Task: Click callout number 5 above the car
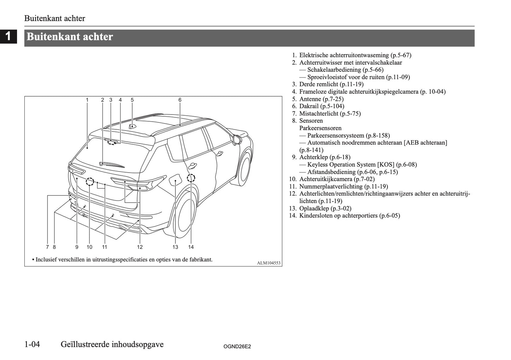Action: tap(132, 100)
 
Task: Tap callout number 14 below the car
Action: tap(191, 247)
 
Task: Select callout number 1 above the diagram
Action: tap(87, 100)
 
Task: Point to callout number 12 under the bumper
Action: tap(140, 247)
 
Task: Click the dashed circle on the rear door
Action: tap(191, 178)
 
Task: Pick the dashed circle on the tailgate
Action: tap(90, 181)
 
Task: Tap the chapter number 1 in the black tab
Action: tap(8, 37)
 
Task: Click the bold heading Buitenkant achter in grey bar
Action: tap(70, 37)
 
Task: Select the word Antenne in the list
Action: tap(310, 99)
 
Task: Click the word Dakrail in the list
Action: tap(309, 106)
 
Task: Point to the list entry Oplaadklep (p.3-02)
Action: tap(325, 208)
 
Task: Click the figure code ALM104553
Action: tap(268, 263)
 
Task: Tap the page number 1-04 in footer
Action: tap(32, 344)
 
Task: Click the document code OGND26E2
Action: tap(237, 347)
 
